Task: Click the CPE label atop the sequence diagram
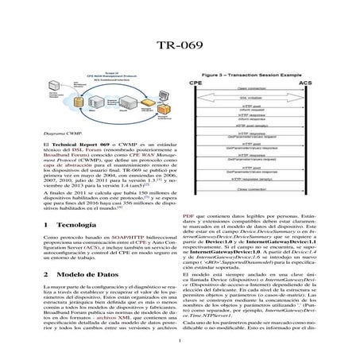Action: [195, 82]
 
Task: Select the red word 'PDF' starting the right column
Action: [188, 215]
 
